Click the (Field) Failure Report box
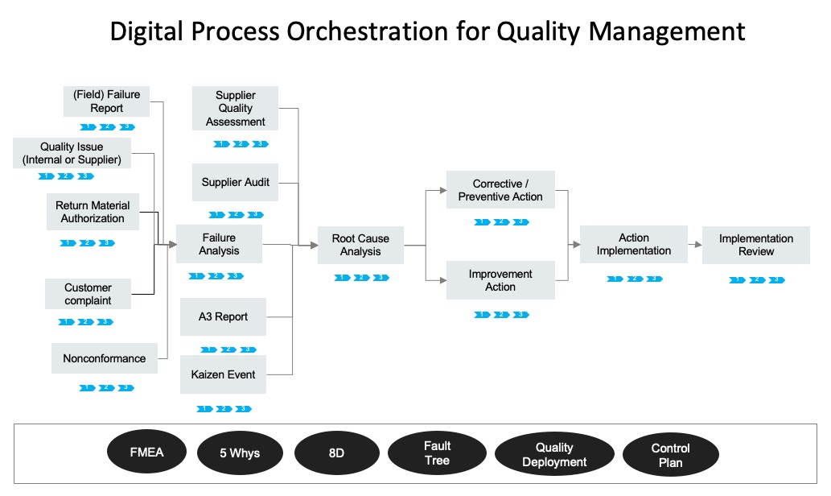[107, 101]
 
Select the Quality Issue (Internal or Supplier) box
[72, 153]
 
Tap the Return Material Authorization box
[93, 213]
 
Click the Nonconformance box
[104, 358]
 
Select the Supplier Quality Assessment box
[235, 109]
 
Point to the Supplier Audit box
[235, 183]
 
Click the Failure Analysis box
[219, 244]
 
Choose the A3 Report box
[223, 316]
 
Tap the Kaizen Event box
[223, 374]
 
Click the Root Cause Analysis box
[360, 245]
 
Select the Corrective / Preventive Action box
[500, 190]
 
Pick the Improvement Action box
[500, 280]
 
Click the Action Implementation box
[633, 244]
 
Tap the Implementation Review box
[755, 245]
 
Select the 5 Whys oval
[240, 453]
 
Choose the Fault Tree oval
[437, 453]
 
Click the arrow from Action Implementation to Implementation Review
[694, 244]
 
